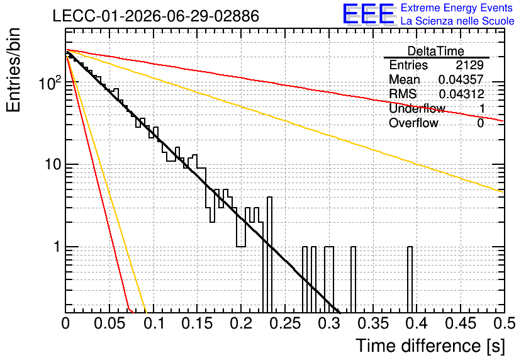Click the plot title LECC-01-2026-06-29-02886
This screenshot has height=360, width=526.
coord(156,16)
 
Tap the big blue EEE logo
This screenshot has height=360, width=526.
coord(369,14)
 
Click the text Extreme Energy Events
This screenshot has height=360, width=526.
coord(457,8)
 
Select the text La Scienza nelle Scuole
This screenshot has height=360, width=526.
coord(457,21)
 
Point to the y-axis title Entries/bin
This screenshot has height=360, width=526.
coord(13,70)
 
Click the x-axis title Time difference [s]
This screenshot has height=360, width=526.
coord(430,346)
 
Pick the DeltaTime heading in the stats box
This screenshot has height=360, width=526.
coord(436,51)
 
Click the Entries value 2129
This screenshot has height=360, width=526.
coord(469,65)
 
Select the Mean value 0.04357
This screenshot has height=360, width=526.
coord(461,79)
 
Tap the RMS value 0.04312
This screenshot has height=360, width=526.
coord(461,94)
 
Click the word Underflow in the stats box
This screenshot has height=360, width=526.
coord(417,108)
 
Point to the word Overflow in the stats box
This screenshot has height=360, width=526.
coord(413,123)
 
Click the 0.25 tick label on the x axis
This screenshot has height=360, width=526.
coord(286,323)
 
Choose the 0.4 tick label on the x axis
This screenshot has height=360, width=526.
coord(418,323)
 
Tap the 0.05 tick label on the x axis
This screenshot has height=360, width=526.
coord(110,323)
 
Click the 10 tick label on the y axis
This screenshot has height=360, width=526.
coord(52,164)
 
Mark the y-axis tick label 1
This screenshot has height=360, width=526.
coord(57,247)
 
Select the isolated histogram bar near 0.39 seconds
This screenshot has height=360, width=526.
coord(410,280)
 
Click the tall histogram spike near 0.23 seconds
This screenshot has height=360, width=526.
coord(269,255)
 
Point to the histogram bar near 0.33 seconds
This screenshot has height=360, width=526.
coord(353,280)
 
